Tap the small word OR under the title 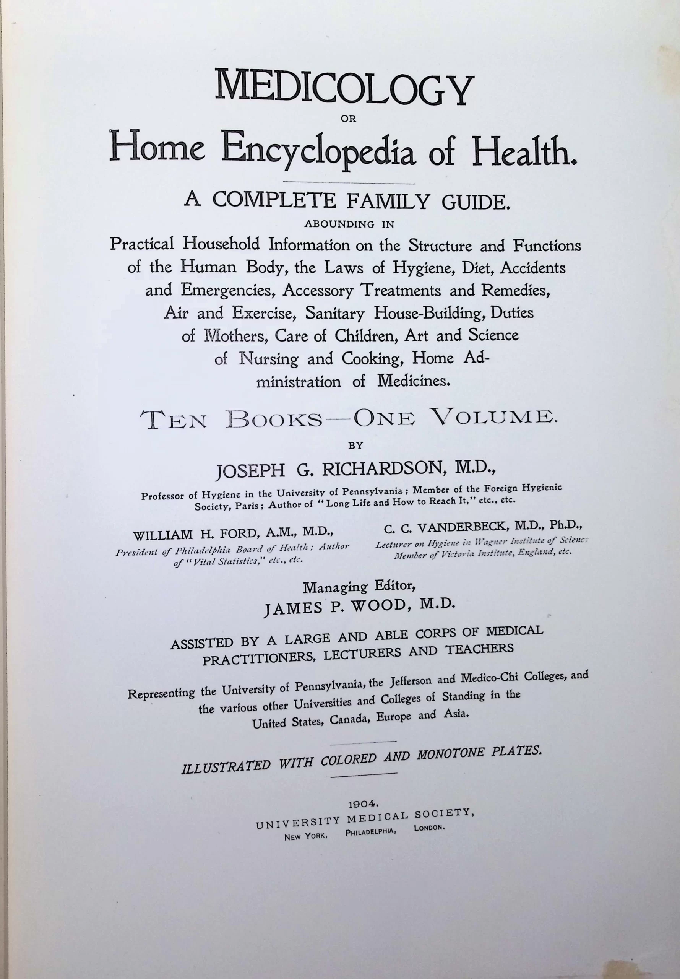[x=349, y=119]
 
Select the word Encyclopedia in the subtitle [x=318, y=153]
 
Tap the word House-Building [x=430, y=314]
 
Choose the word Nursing [x=268, y=359]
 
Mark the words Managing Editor [x=359, y=587]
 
